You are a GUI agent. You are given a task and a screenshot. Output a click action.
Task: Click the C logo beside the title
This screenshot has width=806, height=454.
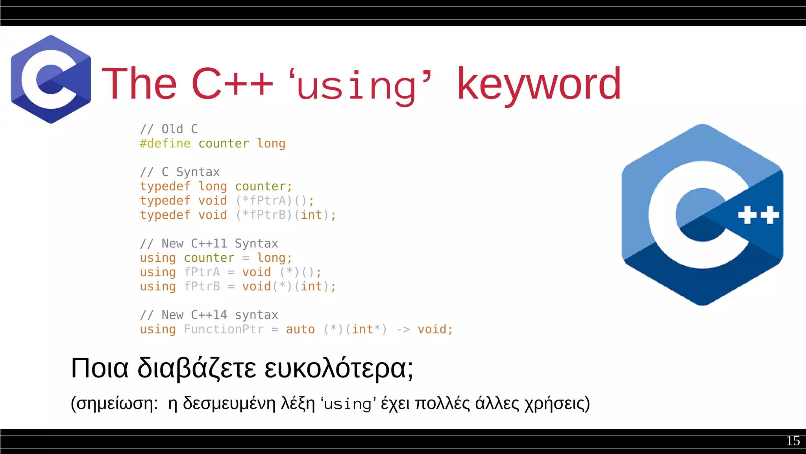click(51, 79)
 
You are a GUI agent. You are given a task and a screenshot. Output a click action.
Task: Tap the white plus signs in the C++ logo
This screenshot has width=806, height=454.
click(758, 215)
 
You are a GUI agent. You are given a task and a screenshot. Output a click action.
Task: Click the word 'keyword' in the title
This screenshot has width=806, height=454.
click(539, 84)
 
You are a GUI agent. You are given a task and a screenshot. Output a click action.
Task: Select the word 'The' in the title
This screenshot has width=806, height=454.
click(139, 84)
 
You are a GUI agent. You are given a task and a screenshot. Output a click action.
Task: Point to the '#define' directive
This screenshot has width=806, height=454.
click(165, 143)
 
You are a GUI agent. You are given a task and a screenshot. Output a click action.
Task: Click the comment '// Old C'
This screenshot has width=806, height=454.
click(169, 129)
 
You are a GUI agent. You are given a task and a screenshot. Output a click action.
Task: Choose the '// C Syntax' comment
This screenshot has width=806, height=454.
click(180, 172)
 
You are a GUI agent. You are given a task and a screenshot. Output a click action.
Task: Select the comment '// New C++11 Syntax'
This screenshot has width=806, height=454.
click(209, 244)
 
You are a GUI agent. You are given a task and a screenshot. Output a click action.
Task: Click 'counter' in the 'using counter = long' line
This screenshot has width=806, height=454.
click(209, 258)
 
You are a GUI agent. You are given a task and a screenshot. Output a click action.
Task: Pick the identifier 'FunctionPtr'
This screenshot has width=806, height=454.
click(224, 329)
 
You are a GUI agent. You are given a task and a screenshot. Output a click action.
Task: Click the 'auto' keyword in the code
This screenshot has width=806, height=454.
click(300, 329)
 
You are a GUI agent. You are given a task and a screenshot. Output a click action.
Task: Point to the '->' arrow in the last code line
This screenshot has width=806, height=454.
click(403, 329)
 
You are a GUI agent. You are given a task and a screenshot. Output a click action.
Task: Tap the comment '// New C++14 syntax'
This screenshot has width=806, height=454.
click(209, 315)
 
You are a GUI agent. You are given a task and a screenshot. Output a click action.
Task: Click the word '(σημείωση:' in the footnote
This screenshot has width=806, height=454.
click(114, 404)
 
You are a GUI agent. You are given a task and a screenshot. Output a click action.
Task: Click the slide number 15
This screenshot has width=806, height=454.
click(793, 441)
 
